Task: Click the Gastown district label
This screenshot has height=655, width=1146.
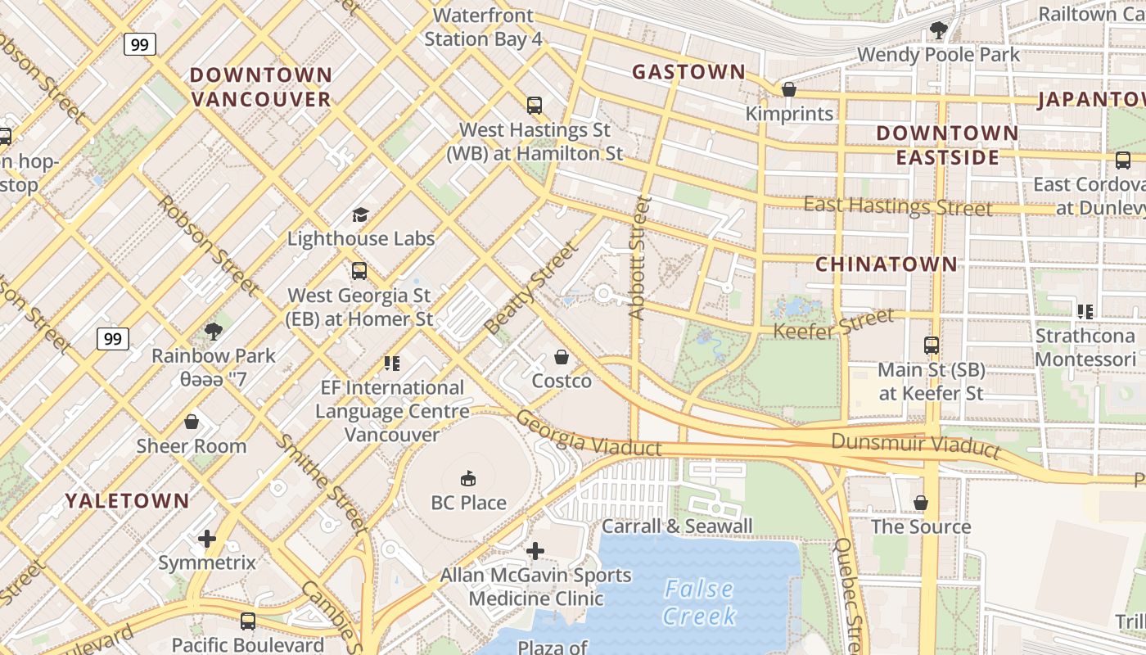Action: click(x=688, y=72)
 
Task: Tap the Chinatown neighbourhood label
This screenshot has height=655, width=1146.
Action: click(x=886, y=264)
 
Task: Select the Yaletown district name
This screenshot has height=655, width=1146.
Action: click(x=127, y=500)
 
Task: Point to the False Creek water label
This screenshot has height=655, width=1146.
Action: click(x=699, y=602)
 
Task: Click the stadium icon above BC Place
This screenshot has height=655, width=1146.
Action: click(x=468, y=478)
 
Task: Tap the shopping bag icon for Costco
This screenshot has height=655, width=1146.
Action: click(x=562, y=357)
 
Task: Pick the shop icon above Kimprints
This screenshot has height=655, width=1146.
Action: click(x=789, y=89)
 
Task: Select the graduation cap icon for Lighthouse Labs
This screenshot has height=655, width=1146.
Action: click(x=360, y=215)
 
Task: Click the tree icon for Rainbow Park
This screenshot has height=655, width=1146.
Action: click(x=214, y=332)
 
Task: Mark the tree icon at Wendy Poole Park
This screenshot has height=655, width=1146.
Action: click(x=938, y=31)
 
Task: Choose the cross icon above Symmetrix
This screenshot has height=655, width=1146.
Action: click(x=207, y=539)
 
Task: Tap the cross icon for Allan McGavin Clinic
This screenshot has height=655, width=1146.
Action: click(x=535, y=551)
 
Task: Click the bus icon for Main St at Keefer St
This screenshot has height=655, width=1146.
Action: click(x=931, y=346)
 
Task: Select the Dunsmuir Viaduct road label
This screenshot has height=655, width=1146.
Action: click(x=915, y=445)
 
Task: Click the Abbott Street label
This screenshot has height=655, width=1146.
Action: click(x=638, y=257)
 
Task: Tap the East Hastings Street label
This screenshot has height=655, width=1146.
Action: click(x=897, y=206)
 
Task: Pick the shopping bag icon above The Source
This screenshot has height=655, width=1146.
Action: click(x=921, y=503)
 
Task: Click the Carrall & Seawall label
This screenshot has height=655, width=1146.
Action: click(x=677, y=526)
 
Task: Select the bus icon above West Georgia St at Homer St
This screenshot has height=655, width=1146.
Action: click(x=359, y=271)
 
